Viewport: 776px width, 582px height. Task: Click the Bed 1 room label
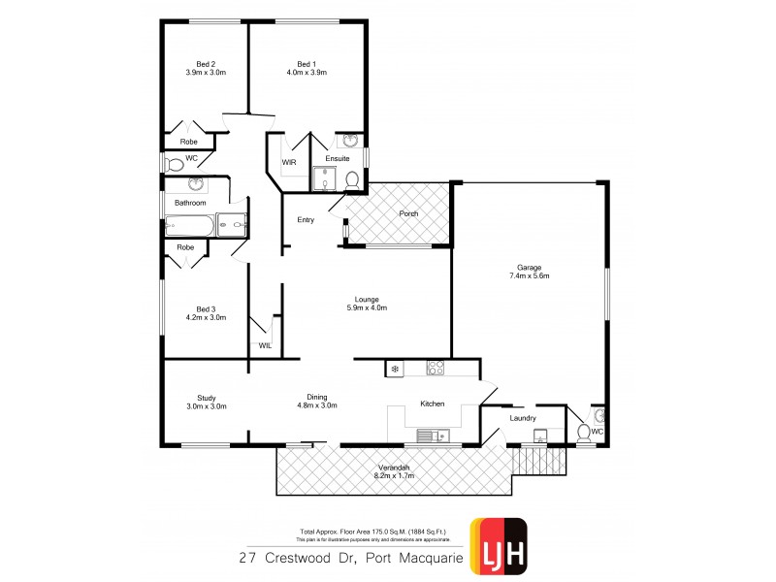click(x=307, y=63)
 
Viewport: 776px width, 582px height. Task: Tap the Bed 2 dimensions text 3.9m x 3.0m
click(x=205, y=72)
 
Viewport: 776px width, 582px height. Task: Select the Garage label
click(x=529, y=267)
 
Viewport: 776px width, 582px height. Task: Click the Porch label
click(x=407, y=213)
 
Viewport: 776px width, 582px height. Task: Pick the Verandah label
click(x=393, y=468)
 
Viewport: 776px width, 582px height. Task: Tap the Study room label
click(x=206, y=398)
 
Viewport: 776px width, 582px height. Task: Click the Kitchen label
click(x=432, y=404)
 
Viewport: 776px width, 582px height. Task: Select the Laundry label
click(x=523, y=418)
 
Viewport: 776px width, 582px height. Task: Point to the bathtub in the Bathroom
click(x=188, y=227)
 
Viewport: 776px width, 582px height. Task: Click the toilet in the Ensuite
click(x=351, y=179)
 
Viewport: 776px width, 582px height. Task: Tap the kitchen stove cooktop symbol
click(x=435, y=368)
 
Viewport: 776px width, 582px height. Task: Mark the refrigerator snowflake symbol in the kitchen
click(x=394, y=368)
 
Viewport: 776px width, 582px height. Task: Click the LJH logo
click(x=499, y=545)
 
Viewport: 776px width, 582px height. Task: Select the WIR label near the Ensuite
click(x=289, y=162)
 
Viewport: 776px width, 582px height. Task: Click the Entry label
click(x=306, y=219)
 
